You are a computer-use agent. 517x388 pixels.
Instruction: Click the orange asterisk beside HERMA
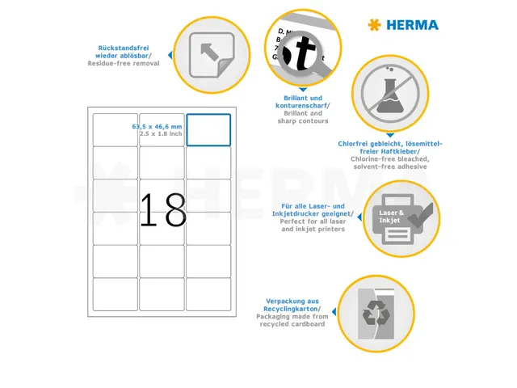point(373,25)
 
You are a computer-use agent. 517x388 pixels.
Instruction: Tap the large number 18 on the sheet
point(162,210)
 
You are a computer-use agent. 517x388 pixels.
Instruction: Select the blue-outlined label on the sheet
point(208,129)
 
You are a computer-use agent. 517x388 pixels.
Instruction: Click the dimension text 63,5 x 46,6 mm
point(157,127)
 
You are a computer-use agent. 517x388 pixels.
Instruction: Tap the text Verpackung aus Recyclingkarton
point(291,305)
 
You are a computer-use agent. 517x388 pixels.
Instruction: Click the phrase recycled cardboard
point(292,323)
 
